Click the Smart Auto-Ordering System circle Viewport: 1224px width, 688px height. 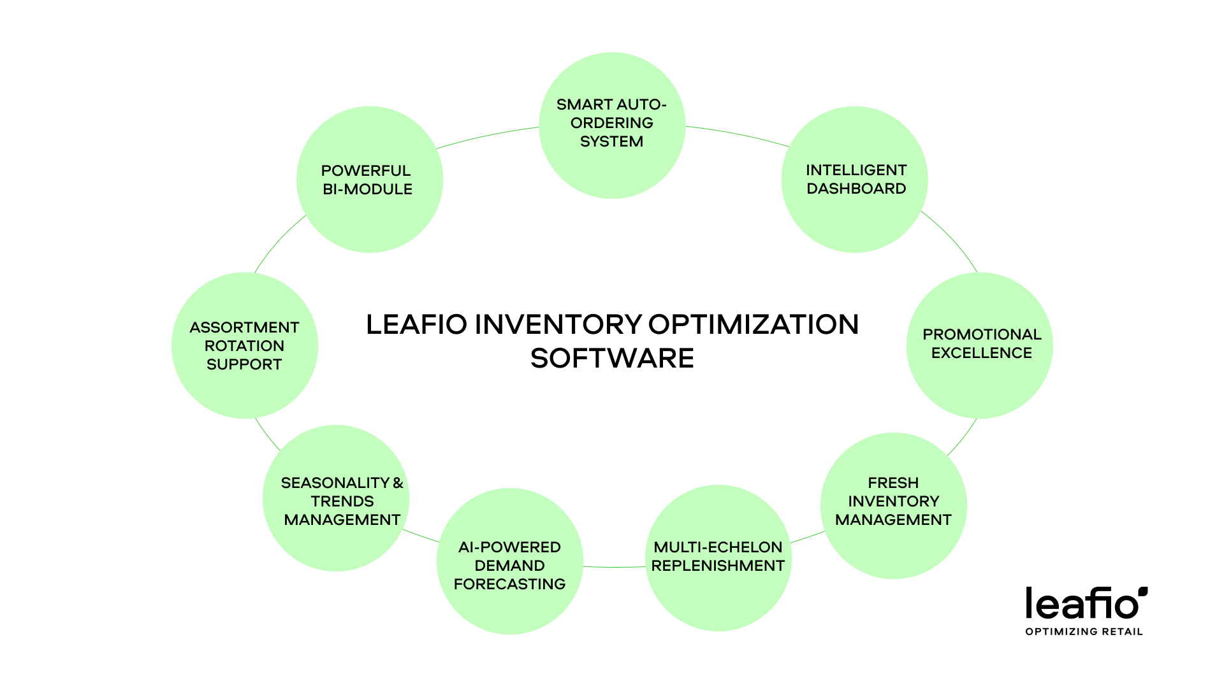[612, 125]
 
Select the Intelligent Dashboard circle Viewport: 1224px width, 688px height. [854, 180]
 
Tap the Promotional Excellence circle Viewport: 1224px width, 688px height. [979, 345]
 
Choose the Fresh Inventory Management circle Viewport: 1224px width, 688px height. [893, 506]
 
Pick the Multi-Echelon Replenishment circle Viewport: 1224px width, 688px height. [718, 558]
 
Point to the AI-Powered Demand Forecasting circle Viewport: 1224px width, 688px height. [509, 561]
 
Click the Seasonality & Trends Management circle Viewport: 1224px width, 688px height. [336, 498]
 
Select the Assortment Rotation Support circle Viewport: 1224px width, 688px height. [245, 345]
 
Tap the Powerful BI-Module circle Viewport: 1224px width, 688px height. [370, 180]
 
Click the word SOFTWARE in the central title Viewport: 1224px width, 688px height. [612, 359]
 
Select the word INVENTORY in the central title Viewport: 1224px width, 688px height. [558, 325]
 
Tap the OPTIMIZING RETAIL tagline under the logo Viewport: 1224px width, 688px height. [1084, 632]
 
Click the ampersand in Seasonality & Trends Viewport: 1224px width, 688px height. [398, 484]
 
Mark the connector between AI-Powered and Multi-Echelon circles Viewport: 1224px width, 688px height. [614, 567]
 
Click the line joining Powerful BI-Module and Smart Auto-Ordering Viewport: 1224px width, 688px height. [488, 136]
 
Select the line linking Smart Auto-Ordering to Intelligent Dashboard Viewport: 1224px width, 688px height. [738, 134]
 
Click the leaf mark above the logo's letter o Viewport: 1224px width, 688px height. [1143, 592]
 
